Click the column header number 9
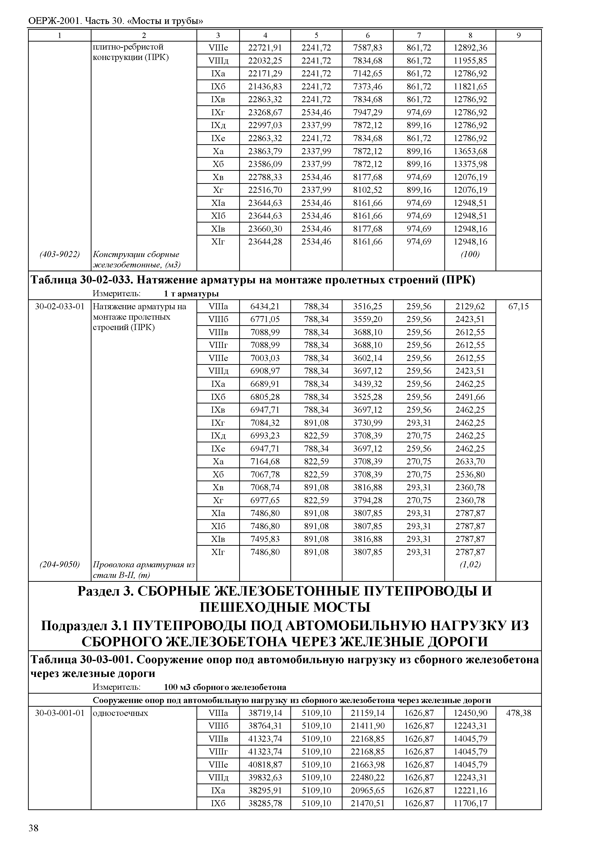pyautogui.click(x=518, y=36)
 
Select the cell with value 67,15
pyautogui.click(x=518, y=306)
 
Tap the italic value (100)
pyautogui.click(x=470, y=254)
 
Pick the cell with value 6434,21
pyautogui.click(x=265, y=306)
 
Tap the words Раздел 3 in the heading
pyautogui.click(x=103, y=591)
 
